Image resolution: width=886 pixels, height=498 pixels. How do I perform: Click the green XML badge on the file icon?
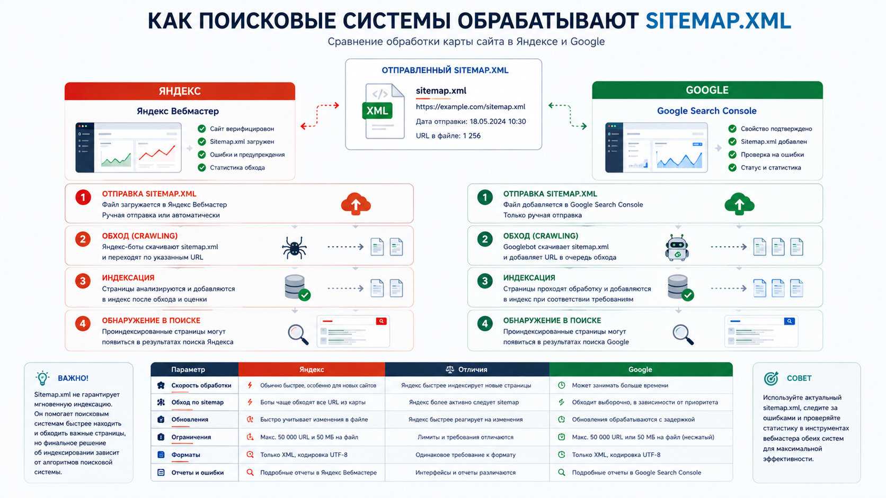[377, 111]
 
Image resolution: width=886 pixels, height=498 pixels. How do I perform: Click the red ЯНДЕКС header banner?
[180, 91]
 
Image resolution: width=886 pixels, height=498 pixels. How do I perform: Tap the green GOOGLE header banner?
[707, 90]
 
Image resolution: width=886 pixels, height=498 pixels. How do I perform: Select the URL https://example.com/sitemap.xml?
[471, 106]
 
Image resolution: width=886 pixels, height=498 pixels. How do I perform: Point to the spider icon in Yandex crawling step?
[294, 248]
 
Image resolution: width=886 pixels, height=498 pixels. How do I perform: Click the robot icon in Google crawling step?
[677, 248]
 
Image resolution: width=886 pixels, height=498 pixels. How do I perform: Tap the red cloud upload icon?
[356, 204]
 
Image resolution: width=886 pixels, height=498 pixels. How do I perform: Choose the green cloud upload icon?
[739, 204]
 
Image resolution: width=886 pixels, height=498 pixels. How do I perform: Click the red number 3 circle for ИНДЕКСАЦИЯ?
[83, 281]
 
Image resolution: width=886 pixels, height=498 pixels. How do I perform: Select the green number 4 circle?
[485, 324]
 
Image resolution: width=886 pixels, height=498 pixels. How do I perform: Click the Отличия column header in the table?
[467, 369]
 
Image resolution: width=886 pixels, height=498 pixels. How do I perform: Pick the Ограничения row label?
[191, 437]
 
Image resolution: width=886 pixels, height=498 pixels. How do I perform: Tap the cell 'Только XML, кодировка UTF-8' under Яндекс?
[304, 455]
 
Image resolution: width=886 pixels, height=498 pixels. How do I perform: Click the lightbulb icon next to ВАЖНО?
[42, 378]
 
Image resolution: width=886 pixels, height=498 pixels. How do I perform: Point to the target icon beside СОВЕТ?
[771, 378]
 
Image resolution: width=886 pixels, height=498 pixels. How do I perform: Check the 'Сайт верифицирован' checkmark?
[202, 129]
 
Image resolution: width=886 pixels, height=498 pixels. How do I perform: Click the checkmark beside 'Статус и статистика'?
[732, 167]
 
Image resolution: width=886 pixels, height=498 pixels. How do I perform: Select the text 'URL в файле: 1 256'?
[448, 136]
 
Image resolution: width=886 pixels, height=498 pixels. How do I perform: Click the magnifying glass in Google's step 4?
[683, 334]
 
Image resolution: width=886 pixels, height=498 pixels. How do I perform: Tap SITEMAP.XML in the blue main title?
[719, 21]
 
